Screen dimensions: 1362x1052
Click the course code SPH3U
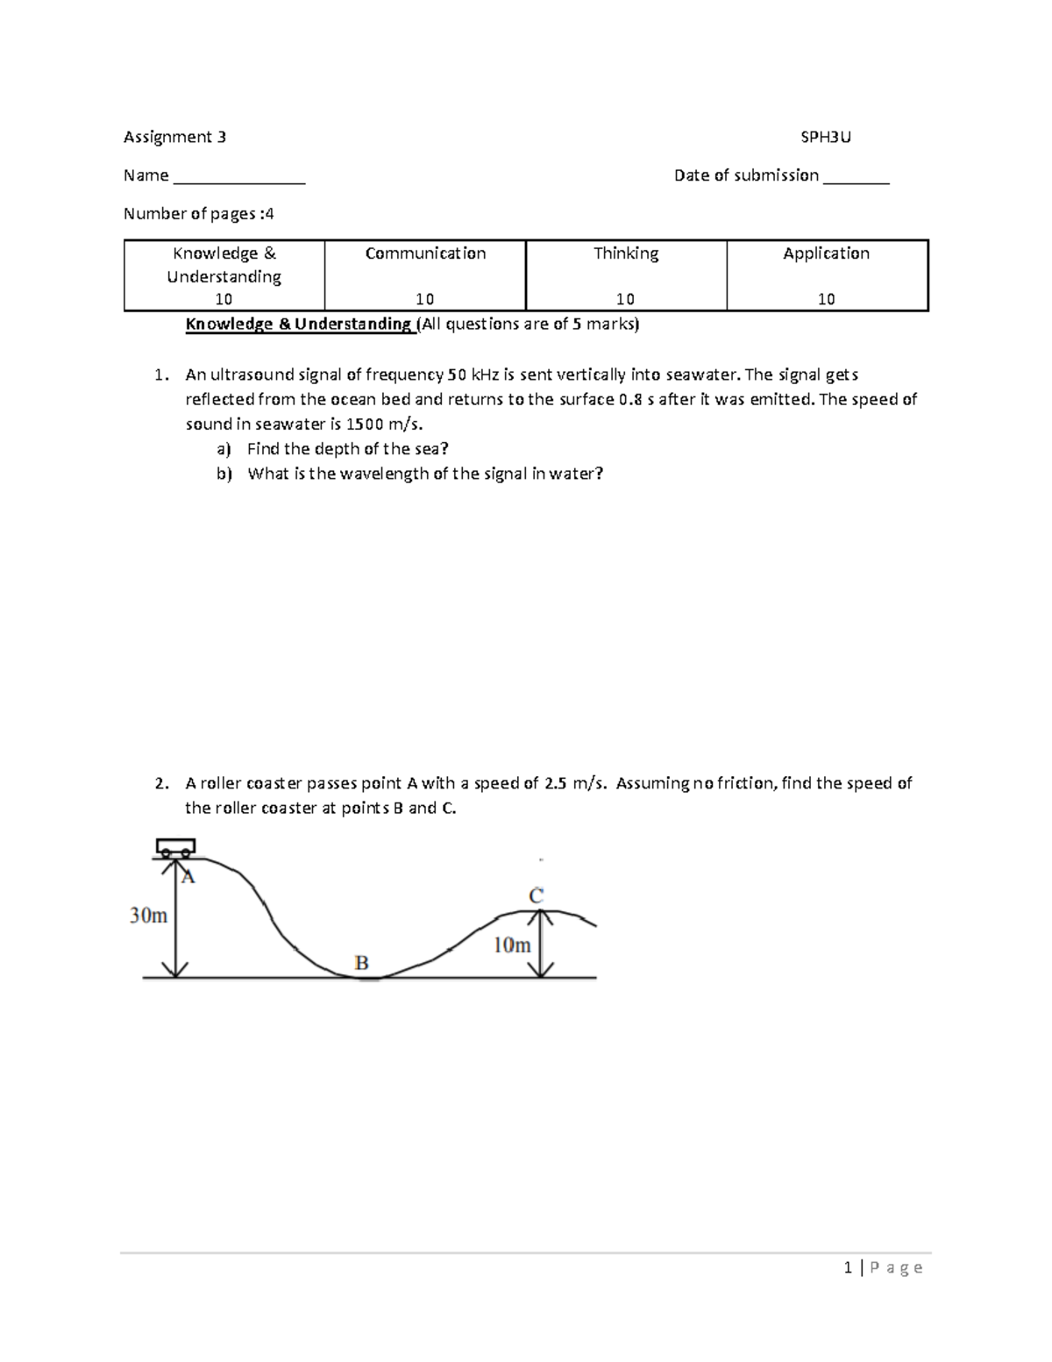pos(826,137)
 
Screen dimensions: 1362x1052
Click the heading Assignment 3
pos(174,137)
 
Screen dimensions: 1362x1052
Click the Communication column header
pos(425,253)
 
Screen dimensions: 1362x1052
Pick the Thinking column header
pos(626,253)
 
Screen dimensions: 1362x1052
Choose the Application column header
pos(826,253)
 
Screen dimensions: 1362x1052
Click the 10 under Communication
pos(425,299)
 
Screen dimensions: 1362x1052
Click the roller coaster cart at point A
pos(174,848)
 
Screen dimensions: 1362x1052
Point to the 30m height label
pos(148,916)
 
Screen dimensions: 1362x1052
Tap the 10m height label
pos(512,945)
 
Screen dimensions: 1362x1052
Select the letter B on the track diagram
pos(361,963)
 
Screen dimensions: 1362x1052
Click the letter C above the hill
pos(536,895)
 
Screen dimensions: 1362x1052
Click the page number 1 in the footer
pos(848,1267)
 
